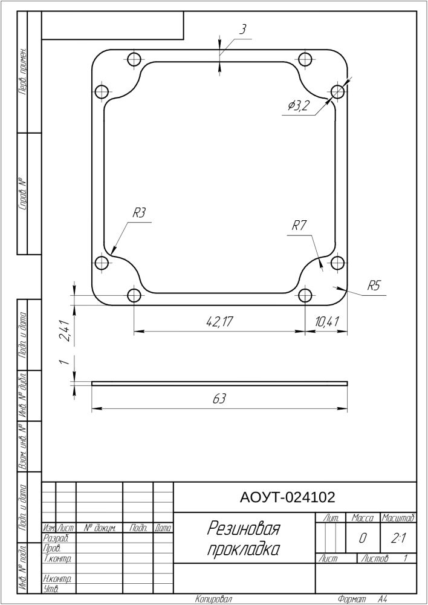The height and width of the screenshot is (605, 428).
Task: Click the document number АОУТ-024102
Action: [x=287, y=498]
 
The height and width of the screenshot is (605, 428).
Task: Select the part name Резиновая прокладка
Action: [x=243, y=538]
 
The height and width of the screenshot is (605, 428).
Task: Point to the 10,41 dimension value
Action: [x=326, y=322]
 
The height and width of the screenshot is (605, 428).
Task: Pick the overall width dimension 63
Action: [x=219, y=399]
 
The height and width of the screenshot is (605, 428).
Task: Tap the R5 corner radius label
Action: [x=373, y=286]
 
